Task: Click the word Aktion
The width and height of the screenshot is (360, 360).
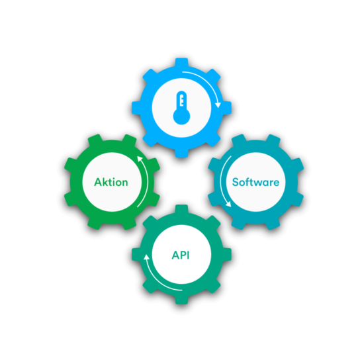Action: coord(111,182)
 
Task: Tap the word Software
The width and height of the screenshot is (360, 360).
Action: coord(255,182)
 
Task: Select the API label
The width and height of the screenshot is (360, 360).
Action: coord(181,255)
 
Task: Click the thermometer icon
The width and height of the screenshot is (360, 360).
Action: coord(181,108)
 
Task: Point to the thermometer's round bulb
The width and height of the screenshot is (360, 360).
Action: coord(181,116)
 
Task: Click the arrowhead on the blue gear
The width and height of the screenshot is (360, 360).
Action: coord(218,105)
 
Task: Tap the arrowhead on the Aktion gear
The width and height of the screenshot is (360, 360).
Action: coord(140,159)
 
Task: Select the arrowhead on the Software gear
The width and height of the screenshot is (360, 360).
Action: coord(228,204)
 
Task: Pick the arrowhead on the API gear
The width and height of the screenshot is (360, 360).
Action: coord(146,257)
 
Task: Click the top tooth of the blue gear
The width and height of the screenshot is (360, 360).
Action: coord(181,62)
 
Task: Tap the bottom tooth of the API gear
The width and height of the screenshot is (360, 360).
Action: coord(181,300)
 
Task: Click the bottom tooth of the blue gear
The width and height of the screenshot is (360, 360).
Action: coord(181,153)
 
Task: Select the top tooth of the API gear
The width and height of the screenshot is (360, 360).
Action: coord(181,209)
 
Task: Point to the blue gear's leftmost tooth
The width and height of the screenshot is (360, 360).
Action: coord(136,108)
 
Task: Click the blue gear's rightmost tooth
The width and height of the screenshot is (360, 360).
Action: coord(227,108)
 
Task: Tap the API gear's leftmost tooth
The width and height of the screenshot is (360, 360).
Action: coord(136,254)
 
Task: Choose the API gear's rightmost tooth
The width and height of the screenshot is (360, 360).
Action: coord(227,254)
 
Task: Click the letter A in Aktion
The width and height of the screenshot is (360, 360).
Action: coord(98,182)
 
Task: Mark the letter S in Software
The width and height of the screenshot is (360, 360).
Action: coord(236,182)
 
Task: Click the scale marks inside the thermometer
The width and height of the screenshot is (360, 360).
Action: coord(182,101)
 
